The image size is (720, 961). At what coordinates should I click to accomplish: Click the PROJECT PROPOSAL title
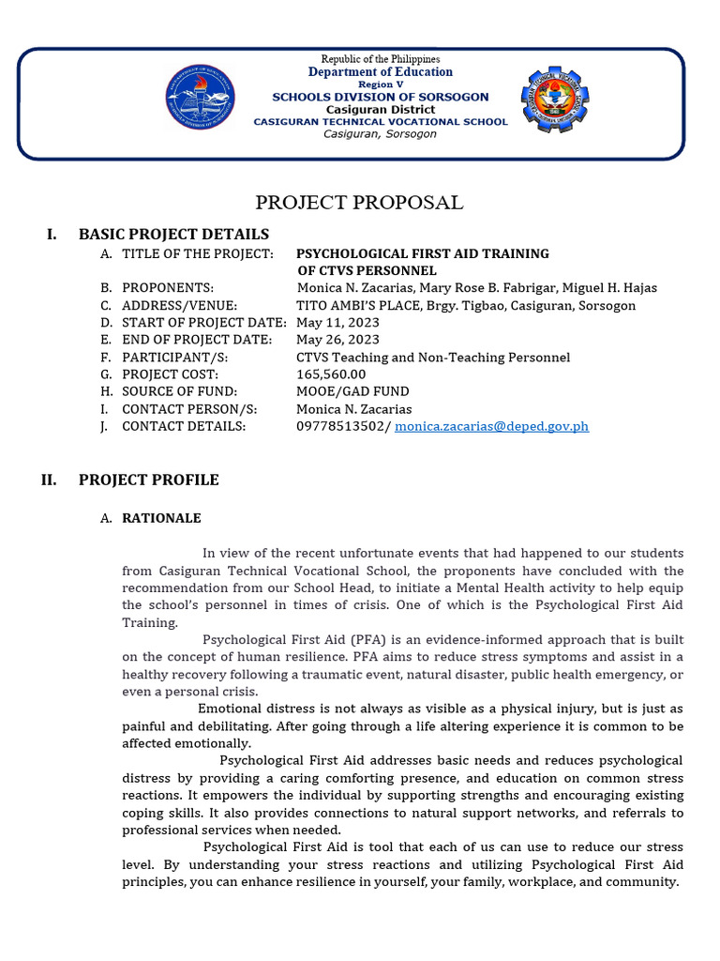click(360, 203)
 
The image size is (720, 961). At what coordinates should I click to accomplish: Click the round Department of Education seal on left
click(201, 99)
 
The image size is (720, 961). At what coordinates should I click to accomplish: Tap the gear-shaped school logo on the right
click(556, 99)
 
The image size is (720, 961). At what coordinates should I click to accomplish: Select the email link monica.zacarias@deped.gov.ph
click(491, 426)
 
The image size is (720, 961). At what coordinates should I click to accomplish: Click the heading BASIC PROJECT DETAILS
click(173, 235)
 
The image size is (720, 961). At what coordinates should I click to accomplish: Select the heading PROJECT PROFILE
click(148, 480)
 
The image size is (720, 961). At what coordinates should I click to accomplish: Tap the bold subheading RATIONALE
click(161, 518)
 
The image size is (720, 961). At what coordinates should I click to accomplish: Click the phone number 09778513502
click(340, 426)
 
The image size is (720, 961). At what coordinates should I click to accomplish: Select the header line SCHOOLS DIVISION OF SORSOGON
click(380, 97)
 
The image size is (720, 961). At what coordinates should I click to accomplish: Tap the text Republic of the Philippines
click(380, 59)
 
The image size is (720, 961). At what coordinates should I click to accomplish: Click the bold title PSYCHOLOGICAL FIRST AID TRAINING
click(423, 253)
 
